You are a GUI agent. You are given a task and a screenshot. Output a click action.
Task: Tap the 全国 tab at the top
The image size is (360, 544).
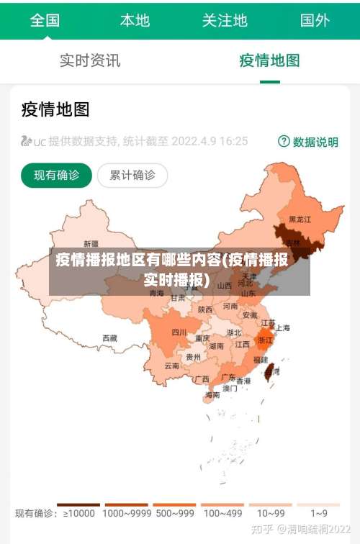pyautogui.click(x=45, y=20)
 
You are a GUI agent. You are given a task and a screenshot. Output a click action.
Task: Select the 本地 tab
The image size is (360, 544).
pyautogui.click(x=135, y=20)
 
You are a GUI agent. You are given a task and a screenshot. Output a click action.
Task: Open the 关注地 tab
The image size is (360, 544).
pyautogui.click(x=225, y=20)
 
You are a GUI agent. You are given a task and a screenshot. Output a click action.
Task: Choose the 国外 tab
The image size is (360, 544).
pyautogui.click(x=315, y=20)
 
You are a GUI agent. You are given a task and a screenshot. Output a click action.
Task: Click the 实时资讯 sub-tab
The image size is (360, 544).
pyautogui.click(x=90, y=60)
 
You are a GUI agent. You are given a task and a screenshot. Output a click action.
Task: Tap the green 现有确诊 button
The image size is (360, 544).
pyautogui.click(x=56, y=175)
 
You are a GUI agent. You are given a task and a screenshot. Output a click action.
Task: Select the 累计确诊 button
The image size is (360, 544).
pyautogui.click(x=132, y=175)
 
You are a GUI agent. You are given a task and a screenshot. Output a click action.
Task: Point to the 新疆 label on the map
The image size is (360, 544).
pyautogui.click(x=91, y=243)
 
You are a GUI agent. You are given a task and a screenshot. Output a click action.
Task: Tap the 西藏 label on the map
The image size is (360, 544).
pyautogui.click(x=109, y=337)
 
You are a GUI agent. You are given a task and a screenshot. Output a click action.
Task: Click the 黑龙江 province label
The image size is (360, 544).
pyautogui.click(x=300, y=219)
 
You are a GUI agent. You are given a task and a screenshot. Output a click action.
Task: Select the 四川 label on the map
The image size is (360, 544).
pyautogui.click(x=179, y=332)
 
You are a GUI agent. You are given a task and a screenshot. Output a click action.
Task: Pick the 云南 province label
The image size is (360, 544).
pyautogui.click(x=171, y=366)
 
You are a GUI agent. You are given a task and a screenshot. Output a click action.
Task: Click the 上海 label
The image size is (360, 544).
pyautogui.click(x=282, y=327)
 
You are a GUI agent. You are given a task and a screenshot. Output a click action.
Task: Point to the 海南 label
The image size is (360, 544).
pyautogui.click(x=212, y=395)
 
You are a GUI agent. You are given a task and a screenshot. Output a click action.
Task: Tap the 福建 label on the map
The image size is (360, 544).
pyautogui.click(x=260, y=359)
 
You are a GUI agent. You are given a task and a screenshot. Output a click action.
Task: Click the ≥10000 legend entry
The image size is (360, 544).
pyautogui.click(x=79, y=513)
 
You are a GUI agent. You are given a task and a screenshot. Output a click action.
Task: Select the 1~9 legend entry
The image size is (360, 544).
pyautogui.click(x=319, y=513)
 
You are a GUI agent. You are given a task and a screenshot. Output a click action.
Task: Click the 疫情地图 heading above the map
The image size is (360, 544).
pyautogui.click(x=55, y=109)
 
